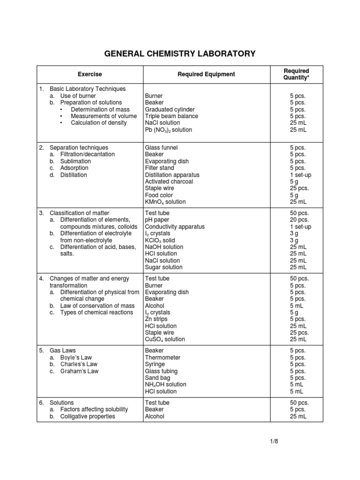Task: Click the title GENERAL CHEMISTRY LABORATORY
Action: (x=180, y=53)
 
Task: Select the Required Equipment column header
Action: (x=206, y=74)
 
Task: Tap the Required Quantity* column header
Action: (x=296, y=74)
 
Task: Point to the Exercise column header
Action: (x=90, y=74)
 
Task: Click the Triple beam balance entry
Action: (x=171, y=116)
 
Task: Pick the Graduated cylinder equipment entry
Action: (x=170, y=109)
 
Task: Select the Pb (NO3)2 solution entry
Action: (x=168, y=130)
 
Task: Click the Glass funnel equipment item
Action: (x=162, y=148)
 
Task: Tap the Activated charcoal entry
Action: (x=169, y=181)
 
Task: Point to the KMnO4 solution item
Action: (x=165, y=202)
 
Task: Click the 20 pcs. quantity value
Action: (x=300, y=220)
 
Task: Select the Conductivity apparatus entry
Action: (x=175, y=226)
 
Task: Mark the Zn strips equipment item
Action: (x=156, y=319)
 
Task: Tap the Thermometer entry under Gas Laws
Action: (x=162, y=357)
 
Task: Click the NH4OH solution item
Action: (x=165, y=384)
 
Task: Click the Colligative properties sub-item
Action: (x=88, y=416)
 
